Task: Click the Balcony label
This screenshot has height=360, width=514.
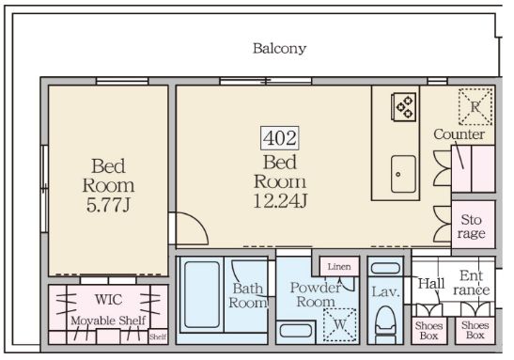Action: (x=279, y=49)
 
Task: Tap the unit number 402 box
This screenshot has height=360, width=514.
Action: (x=280, y=138)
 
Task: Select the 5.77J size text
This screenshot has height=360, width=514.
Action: (x=108, y=206)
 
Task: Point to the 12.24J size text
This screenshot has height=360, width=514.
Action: (x=280, y=201)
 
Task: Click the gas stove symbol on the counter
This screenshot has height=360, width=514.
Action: (x=403, y=107)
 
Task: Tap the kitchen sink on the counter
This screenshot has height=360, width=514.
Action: (x=403, y=174)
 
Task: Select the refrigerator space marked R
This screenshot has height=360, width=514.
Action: (x=475, y=106)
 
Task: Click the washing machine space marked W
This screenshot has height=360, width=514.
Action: (x=340, y=325)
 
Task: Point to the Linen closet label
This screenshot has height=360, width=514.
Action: (x=339, y=267)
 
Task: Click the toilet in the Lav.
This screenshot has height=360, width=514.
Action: (x=385, y=321)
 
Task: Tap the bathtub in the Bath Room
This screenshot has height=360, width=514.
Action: (x=202, y=295)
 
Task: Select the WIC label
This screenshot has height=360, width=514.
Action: (x=108, y=299)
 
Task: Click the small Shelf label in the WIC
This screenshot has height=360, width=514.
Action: (x=158, y=337)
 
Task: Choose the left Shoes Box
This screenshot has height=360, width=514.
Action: (x=429, y=331)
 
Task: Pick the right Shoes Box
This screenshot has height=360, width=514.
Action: (x=475, y=331)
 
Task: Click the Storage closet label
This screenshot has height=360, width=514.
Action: (x=472, y=227)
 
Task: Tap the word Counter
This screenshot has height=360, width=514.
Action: (x=459, y=134)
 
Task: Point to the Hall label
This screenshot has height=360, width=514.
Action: (x=431, y=284)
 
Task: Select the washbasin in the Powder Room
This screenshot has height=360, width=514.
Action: (x=295, y=331)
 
